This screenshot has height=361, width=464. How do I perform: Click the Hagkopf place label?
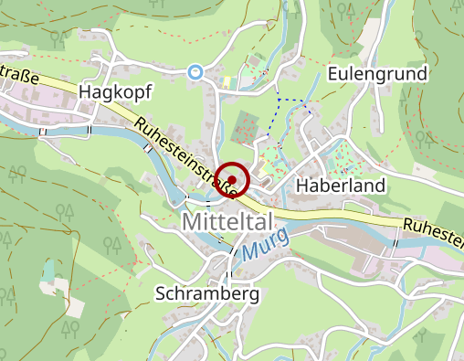point(114,92)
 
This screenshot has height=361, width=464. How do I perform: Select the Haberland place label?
point(341,186)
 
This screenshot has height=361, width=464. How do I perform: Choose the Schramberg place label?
point(207,294)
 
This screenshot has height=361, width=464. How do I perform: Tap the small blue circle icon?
point(194,70)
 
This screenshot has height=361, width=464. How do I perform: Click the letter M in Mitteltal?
point(193,222)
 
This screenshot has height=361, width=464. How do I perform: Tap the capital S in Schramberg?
point(161,294)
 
